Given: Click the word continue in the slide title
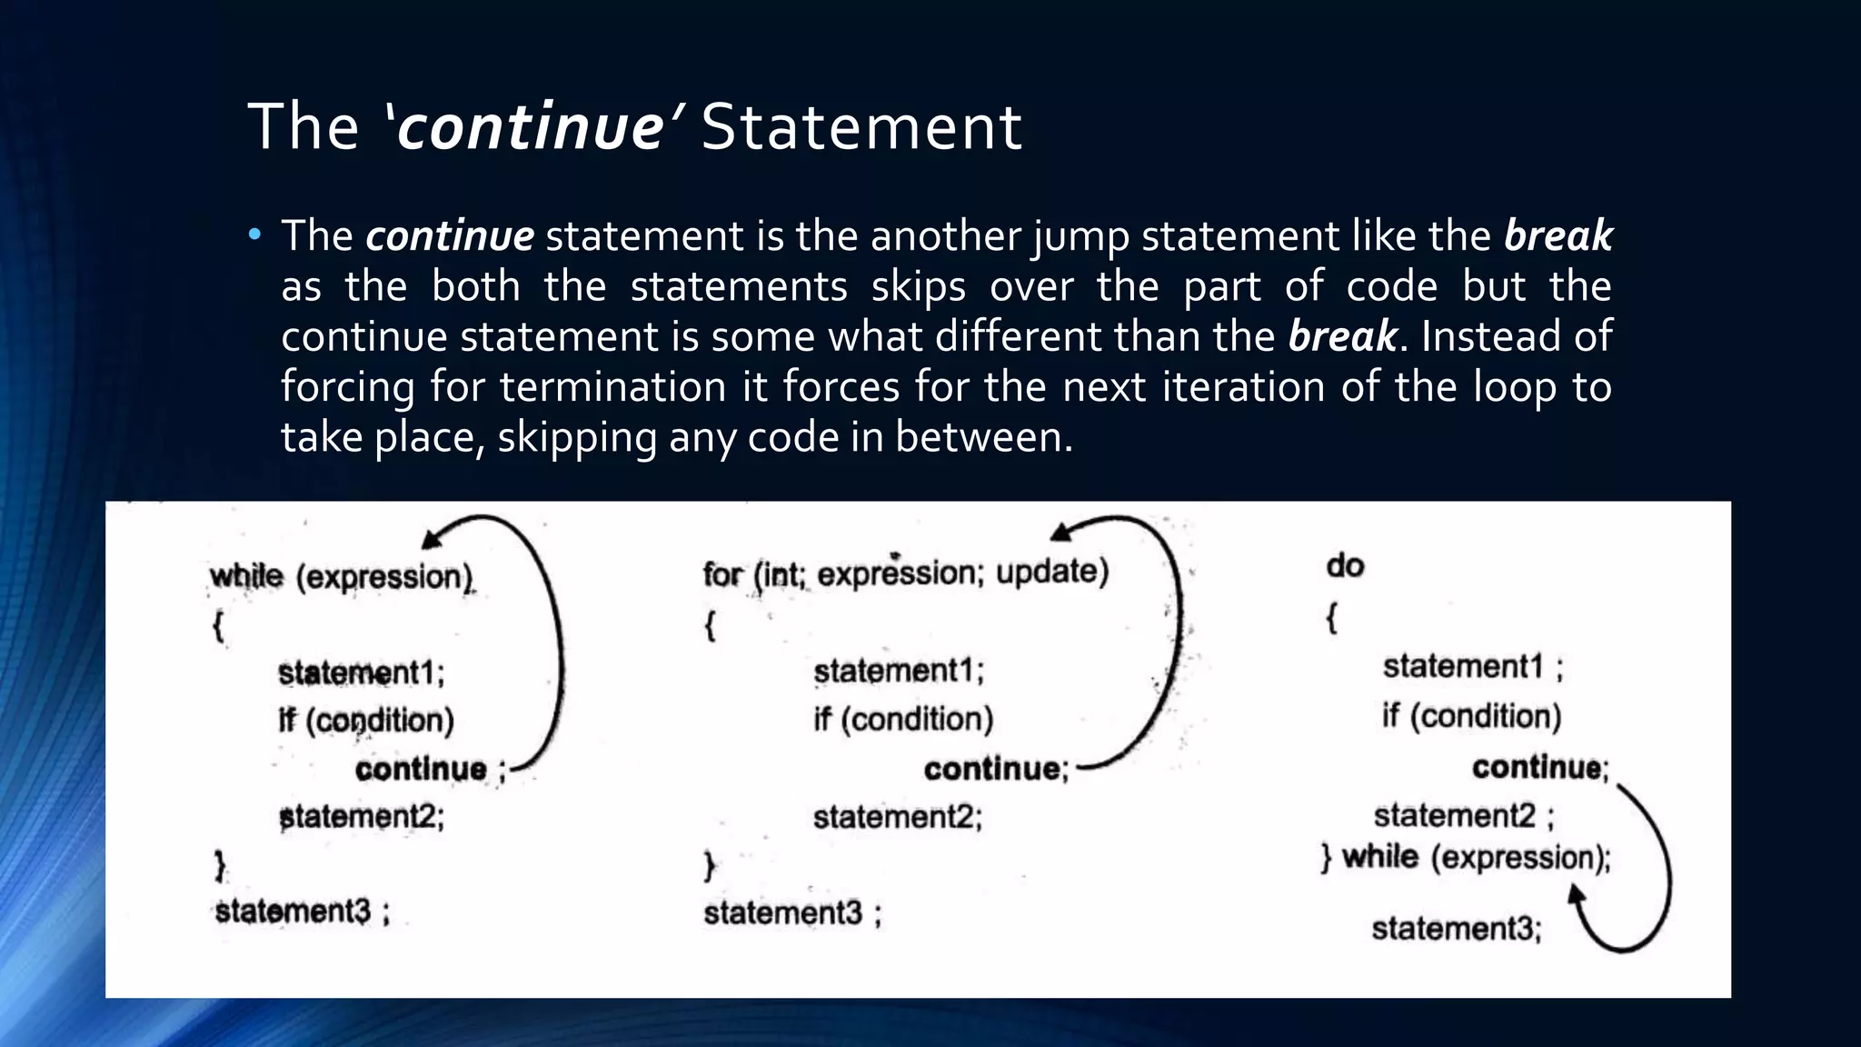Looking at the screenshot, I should pos(531,127).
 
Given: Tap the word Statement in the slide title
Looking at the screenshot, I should pos(861,127).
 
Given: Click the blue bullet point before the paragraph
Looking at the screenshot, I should pos(254,236).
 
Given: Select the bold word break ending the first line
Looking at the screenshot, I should pos(1557,236).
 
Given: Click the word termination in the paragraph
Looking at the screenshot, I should pos(612,387).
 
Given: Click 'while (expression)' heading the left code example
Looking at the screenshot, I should pos(342,577).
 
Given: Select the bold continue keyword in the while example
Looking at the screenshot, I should pos(421,770).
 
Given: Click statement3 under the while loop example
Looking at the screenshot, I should pos(293,911).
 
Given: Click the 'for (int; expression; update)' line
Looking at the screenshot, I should pos(905,573).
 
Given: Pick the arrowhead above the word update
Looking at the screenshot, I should pos(1060,533).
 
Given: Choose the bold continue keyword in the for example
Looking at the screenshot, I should pos(991,770).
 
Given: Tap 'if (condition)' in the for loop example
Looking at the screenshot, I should pos(903,720).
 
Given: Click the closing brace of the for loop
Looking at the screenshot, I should pos(710,865).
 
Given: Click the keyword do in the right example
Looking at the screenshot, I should pos(1345,566).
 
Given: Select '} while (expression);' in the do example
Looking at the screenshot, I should pos(1465,857).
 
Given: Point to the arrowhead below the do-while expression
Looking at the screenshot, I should pos(1577,896).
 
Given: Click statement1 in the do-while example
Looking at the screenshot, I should pos(1463,667).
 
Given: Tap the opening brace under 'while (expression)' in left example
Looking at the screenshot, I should pos(218,626).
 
